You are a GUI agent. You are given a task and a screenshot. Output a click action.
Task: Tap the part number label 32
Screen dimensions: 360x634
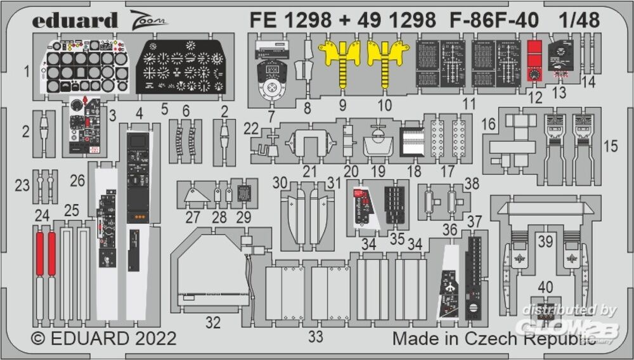213,323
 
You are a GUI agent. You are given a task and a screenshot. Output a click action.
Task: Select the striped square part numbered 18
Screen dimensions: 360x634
411,142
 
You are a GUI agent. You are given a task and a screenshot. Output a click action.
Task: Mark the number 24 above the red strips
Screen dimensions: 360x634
42,216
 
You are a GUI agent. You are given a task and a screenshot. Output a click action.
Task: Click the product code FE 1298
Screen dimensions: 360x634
290,20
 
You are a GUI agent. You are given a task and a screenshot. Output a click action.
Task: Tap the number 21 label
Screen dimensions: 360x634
309,172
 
